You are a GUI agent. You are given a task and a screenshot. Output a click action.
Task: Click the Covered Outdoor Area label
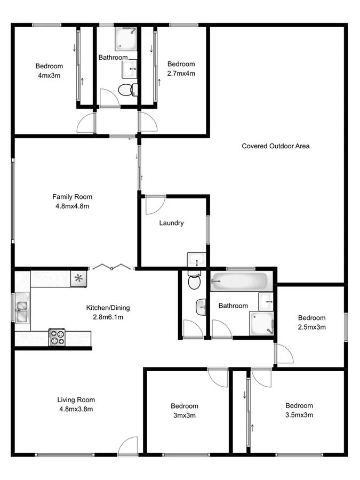point(275,146)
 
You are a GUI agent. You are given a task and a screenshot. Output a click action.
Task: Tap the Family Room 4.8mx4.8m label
point(72,201)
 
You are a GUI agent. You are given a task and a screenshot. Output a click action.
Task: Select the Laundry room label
point(171,223)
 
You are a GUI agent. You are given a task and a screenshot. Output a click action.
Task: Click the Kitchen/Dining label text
point(108,312)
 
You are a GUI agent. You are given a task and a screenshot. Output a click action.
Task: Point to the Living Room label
point(76,404)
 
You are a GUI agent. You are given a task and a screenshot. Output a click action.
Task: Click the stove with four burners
point(57,337)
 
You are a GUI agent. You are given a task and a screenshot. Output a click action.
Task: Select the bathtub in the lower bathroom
point(239,281)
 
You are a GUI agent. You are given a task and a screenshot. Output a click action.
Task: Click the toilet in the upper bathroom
point(126,90)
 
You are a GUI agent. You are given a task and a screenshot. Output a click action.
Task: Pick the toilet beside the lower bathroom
point(194,281)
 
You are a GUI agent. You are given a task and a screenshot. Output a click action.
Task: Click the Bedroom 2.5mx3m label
point(311,322)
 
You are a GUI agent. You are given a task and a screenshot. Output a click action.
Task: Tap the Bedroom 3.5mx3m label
point(299,410)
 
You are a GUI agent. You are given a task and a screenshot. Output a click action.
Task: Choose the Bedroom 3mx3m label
point(185,411)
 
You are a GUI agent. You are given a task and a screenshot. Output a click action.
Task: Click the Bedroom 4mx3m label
point(49,70)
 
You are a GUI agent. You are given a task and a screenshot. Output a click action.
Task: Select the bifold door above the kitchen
point(110,266)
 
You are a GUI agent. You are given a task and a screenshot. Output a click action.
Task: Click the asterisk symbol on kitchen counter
point(78,278)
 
